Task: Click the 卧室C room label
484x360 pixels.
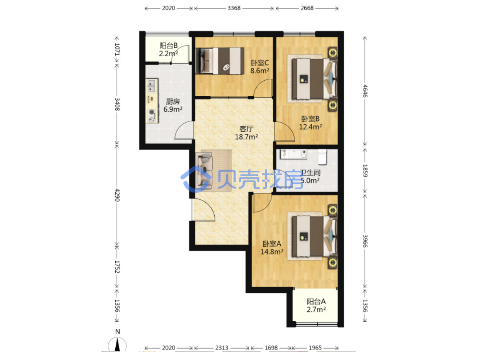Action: (260, 63)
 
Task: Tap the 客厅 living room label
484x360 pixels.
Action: (246, 128)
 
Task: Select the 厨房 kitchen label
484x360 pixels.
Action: (173, 102)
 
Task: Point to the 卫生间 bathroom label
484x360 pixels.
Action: (310, 173)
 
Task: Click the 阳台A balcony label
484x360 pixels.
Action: (316, 301)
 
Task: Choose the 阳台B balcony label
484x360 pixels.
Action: (169, 46)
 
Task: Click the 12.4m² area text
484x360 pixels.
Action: (310, 127)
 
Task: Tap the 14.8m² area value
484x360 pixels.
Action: (272, 252)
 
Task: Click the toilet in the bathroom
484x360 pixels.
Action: (322, 157)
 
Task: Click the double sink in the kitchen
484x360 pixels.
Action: (152, 86)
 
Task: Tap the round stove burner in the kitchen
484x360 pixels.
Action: (152, 113)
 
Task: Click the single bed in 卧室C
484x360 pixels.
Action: (220, 61)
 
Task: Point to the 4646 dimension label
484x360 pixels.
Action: (365, 91)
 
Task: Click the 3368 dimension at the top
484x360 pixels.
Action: (234, 8)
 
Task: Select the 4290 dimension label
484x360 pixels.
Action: (117, 195)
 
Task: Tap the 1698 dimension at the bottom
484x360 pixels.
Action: (271, 348)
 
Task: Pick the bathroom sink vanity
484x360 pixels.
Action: (293, 154)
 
